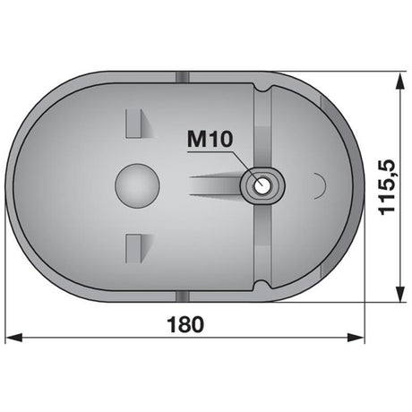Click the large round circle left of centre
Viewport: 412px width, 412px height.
pos(137,185)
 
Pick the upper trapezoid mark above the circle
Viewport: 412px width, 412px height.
pos(135,122)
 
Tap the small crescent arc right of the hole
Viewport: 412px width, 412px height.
pos(319,185)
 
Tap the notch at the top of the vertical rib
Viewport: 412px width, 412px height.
pos(262,87)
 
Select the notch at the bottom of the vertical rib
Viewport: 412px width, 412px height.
pos(262,285)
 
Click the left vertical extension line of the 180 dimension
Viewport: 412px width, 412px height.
pos(7,269)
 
